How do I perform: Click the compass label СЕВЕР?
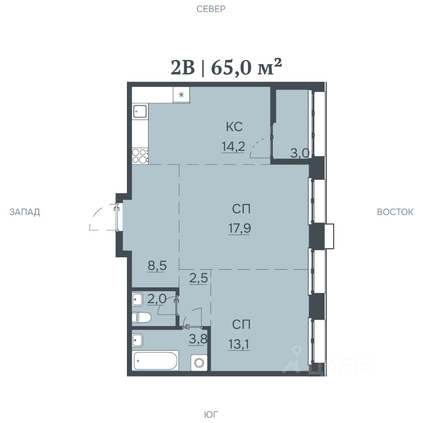tap(211, 9)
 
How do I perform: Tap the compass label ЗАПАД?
tap(25, 212)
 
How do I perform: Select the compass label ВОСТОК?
tap(395, 212)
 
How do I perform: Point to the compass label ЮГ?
tap(211, 414)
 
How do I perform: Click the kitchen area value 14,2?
tap(233, 147)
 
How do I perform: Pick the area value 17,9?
tap(240, 229)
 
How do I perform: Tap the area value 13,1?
tap(239, 344)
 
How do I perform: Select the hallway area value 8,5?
tap(157, 266)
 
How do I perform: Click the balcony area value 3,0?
tap(300, 153)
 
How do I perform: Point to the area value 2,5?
tap(199, 278)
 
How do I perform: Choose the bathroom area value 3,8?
tap(198, 339)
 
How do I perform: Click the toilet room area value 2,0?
tap(157, 299)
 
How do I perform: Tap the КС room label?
tap(234, 127)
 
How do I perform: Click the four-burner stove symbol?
tap(140, 156)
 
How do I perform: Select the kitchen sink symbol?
tap(140, 111)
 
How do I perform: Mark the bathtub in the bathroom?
tap(156, 361)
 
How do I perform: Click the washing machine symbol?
tap(199, 363)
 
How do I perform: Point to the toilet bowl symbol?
tap(141, 317)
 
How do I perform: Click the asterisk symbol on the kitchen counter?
tap(181, 95)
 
